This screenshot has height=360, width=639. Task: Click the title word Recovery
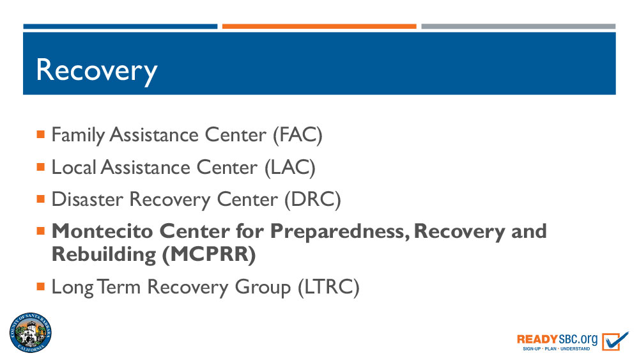click(96, 71)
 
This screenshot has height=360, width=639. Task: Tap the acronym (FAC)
click(298, 135)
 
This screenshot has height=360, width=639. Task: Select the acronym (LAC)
click(290, 168)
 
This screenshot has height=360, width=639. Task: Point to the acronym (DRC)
click(312, 200)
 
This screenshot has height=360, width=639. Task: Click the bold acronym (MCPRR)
click(209, 254)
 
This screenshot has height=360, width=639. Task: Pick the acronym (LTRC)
click(328, 287)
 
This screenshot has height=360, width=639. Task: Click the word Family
click(78, 136)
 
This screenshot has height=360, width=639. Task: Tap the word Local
click(73, 167)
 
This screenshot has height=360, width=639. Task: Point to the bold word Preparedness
click(340, 232)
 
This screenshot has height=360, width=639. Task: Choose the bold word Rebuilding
click(104, 254)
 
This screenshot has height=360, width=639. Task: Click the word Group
click(263, 288)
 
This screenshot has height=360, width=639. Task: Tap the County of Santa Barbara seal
click(31, 333)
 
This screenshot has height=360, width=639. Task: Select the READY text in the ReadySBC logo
click(537, 339)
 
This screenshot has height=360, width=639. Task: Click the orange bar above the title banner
click(319, 26)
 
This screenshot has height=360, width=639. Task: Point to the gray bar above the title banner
click(518, 26)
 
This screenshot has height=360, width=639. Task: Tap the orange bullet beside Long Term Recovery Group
click(40, 286)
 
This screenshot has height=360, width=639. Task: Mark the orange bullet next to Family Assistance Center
click(40, 134)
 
